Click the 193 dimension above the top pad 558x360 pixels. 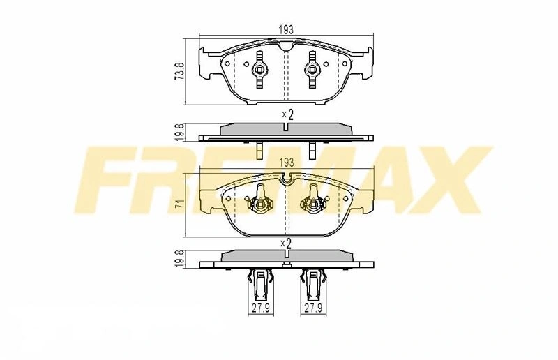tap(286, 30)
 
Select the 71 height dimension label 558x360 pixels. tap(181, 204)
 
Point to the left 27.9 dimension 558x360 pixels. tap(261, 308)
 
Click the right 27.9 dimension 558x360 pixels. tap(313, 308)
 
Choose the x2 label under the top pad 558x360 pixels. tap(287, 114)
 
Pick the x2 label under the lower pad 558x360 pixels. tap(286, 243)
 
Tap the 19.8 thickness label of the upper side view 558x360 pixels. tap(181, 133)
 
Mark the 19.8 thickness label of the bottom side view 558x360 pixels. tap(181, 259)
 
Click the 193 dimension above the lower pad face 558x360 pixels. tap(287, 163)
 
